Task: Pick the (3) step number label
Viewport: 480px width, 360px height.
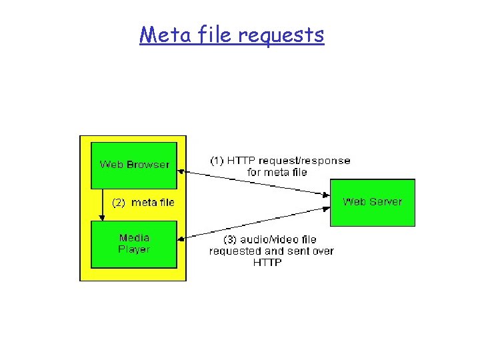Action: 228,239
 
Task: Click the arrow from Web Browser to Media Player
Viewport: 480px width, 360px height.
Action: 103,204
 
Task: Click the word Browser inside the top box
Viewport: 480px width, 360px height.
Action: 149,164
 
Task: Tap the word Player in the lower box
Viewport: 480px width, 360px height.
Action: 134,249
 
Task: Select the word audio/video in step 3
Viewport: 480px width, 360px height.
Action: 265,239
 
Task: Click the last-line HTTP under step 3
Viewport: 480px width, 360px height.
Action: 267,263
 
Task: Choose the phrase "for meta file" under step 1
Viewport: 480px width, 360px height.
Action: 277,172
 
